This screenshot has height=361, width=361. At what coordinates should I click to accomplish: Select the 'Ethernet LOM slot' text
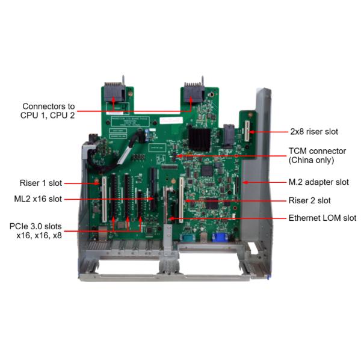(x=322, y=218)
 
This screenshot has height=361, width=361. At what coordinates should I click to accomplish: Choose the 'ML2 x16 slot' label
(x=37, y=199)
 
